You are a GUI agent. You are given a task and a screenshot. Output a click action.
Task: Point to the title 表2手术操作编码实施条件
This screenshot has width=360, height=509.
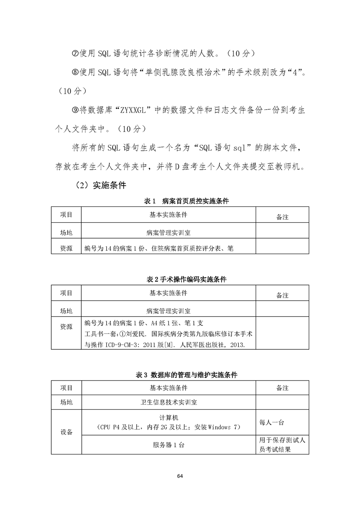coord(180,279)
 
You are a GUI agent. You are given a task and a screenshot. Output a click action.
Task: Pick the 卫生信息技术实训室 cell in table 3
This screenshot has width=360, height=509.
coord(168,402)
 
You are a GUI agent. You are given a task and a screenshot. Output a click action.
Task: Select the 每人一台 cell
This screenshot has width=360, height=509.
coord(271,422)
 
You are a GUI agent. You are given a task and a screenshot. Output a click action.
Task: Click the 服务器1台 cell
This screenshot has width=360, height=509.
coord(168,445)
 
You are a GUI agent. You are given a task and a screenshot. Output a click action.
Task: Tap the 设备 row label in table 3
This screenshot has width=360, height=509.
coord(66,432)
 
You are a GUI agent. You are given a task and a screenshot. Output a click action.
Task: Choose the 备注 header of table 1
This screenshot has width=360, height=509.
coord(282,217)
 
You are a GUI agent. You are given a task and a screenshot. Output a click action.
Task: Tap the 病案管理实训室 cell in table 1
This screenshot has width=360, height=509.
coord(168,232)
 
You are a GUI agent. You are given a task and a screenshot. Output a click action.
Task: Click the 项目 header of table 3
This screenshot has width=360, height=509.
coord(66,388)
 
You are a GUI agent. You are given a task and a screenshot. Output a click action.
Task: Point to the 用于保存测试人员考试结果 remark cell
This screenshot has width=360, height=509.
coord(281,445)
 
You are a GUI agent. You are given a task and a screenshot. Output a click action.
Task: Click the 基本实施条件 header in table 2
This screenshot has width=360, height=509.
coord(168,293)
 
